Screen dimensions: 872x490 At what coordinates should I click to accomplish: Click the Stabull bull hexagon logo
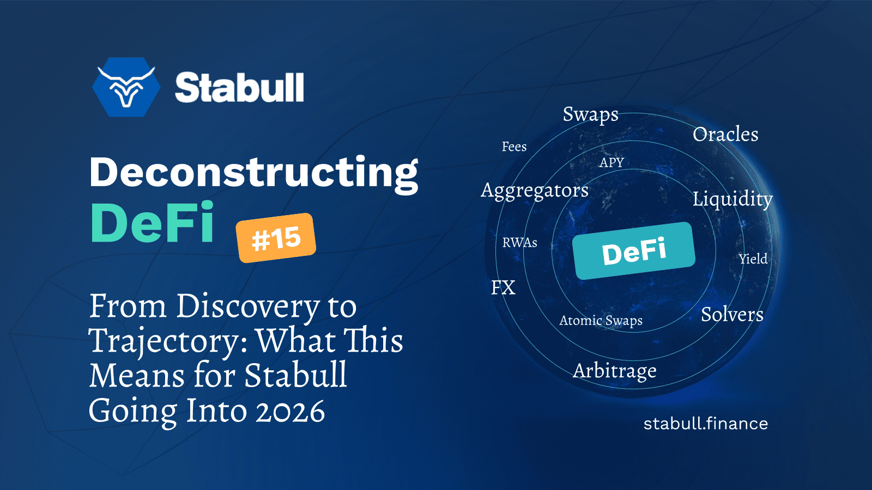click(126, 87)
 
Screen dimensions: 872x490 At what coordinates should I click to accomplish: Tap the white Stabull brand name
click(239, 88)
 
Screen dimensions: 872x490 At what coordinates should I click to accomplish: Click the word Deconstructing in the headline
click(254, 174)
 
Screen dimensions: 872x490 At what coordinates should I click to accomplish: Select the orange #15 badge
click(276, 237)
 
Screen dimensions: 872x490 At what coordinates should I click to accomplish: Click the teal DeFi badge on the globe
click(634, 251)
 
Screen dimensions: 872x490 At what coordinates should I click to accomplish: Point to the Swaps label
click(591, 115)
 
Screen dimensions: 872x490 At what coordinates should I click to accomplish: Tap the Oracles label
click(725, 134)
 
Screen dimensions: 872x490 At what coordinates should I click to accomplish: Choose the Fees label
click(514, 146)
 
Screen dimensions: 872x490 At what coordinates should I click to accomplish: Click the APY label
click(611, 162)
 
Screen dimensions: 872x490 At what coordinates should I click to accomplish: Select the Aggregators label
click(535, 191)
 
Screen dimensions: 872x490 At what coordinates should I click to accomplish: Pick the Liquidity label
click(732, 199)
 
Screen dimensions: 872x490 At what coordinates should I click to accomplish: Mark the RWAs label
click(520, 243)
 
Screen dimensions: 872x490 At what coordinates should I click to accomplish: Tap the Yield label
click(753, 259)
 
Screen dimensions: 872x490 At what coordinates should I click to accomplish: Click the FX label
click(504, 288)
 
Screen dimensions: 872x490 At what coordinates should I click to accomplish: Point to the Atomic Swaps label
click(601, 321)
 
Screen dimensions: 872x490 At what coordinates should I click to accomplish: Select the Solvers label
click(732, 314)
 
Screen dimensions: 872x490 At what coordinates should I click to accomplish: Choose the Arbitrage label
click(615, 371)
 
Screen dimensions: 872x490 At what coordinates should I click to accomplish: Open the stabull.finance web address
click(706, 424)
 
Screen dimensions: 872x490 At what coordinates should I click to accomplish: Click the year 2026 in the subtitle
click(290, 411)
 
